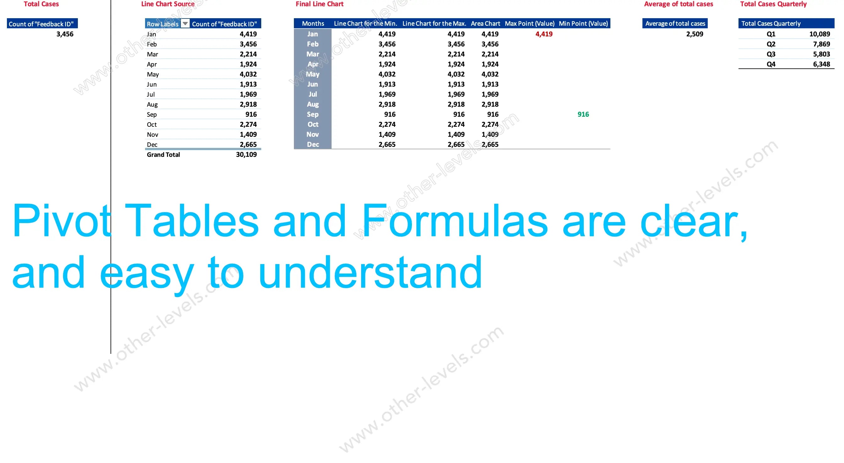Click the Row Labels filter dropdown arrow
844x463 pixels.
185,24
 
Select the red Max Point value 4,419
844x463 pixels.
544,34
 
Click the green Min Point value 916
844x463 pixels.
583,114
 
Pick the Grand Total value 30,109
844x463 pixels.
246,155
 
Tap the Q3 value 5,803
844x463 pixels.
821,54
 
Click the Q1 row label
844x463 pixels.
771,34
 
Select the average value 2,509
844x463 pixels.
695,34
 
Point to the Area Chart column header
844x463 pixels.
485,24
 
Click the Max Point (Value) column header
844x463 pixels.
529,24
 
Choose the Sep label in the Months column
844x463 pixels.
312,114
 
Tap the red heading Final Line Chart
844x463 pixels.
319,4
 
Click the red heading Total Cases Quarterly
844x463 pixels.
773,4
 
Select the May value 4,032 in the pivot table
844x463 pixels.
248,74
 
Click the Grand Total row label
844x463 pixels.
163,155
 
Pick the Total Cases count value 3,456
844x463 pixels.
65,34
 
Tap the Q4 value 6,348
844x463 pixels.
821,64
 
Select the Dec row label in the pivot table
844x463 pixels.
152,145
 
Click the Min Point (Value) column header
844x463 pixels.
583,24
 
